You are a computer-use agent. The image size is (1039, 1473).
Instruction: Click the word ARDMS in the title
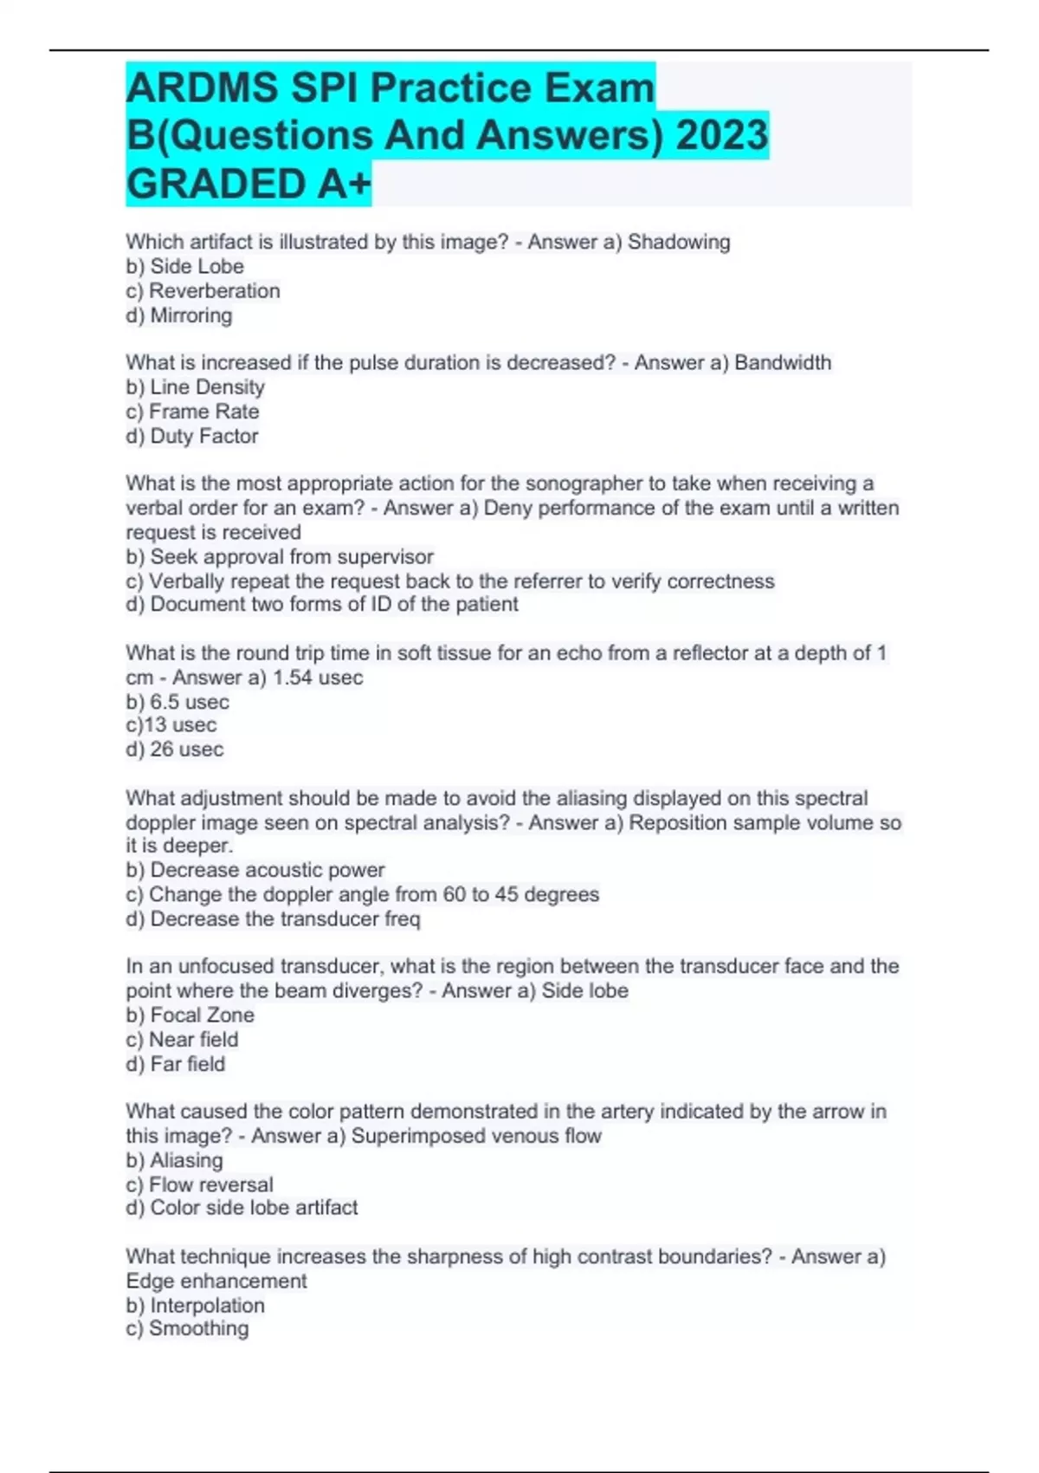point(202,88)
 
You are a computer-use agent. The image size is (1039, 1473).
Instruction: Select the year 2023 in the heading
point(721,135)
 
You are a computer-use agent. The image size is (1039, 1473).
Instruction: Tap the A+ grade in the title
point(343,184)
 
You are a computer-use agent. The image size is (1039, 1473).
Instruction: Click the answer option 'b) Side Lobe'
point(184,266)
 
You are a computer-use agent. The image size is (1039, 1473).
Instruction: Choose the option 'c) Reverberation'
point(203,290)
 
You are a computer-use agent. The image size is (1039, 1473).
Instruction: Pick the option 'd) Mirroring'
point(179,315)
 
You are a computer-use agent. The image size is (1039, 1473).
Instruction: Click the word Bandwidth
point(782,362)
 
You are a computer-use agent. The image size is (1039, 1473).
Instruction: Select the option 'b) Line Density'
point(195,386)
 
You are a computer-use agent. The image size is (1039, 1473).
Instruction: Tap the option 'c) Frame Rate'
point(192,412)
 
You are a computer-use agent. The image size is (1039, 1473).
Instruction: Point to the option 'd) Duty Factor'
point(192,436)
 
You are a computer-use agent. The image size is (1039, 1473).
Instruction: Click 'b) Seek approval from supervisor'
point(280,556)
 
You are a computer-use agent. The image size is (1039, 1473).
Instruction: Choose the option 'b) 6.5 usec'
point(177,702)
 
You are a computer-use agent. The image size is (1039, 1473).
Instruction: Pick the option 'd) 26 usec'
point(175,749)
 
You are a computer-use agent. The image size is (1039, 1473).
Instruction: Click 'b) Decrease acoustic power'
point(255,870)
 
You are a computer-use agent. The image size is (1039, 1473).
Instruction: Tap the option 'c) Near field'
point(182,1039)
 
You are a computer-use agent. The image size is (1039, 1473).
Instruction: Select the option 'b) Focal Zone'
point(190,1015)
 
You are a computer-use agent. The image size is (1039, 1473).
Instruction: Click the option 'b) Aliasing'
point(174,1160)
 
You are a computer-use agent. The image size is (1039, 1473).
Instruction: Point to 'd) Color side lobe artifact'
point(242,1208)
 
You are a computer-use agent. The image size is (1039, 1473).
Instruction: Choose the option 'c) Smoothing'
point(187,1328)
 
